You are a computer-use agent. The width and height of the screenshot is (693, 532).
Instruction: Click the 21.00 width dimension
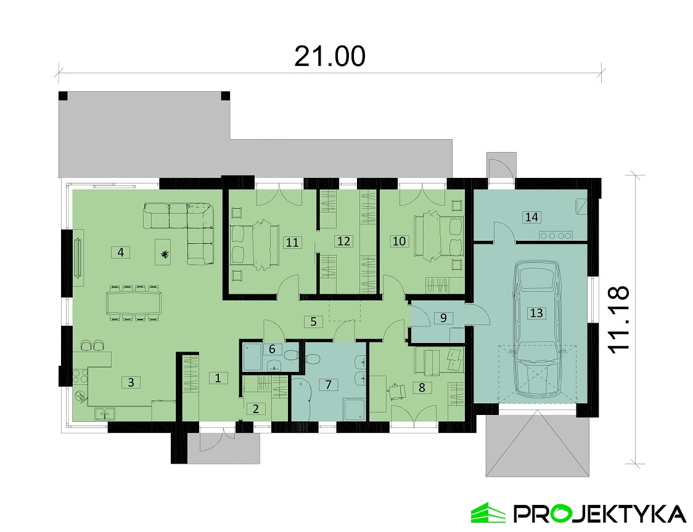tap(330, 56)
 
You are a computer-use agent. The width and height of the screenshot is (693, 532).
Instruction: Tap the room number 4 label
tap(121, 252)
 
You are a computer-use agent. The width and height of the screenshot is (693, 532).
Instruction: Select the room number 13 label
tap(536, 313)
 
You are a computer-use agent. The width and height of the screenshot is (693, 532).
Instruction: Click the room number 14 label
tap(531, 217)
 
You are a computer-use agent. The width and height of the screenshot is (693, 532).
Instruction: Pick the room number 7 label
tap(328, 385)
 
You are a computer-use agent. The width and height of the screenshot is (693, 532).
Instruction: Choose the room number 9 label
tap(443, 318)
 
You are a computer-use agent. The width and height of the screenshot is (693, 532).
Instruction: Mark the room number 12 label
tap(343, 241)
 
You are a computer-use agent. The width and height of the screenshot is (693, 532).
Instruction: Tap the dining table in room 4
tap(133, 302)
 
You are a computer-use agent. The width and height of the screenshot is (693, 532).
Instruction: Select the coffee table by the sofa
tap(164, 252)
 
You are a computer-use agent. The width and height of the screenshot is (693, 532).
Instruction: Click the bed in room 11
tap(255, 244)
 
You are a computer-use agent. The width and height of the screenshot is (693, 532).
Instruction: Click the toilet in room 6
tap(291, 355)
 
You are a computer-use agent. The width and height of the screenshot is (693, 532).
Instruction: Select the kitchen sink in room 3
tap(105, 414)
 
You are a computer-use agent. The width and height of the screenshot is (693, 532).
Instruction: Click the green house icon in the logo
tap(488, 513)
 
